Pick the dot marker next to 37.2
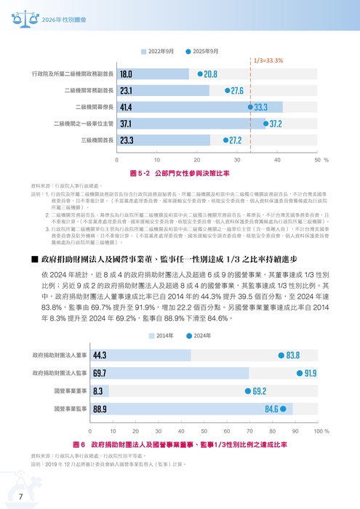tap(265, 124)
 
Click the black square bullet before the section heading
tap(34, 239)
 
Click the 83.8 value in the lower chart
tap(292, 356)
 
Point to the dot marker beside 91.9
tap(300, 373)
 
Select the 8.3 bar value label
tap(97, 391)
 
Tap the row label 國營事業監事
tap(71, 409)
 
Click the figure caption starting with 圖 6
tap(180, 444)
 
